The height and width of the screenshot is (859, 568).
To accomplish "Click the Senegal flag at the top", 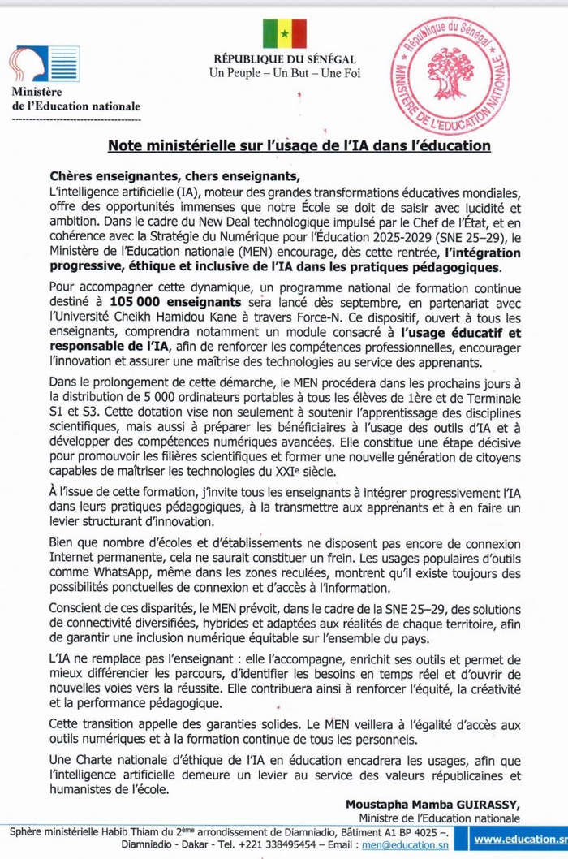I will [x=284, y=33].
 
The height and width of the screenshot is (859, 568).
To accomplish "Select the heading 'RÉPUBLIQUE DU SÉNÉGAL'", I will [x=284, y=60].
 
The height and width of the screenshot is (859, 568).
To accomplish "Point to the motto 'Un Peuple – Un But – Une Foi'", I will [x=285, y=74].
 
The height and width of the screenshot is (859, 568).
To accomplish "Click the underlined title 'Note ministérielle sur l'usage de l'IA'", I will [x=299, y=146].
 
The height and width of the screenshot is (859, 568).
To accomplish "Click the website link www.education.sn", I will [x=519, y=840].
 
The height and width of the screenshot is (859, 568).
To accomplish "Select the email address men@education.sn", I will [x=400, y=846].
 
